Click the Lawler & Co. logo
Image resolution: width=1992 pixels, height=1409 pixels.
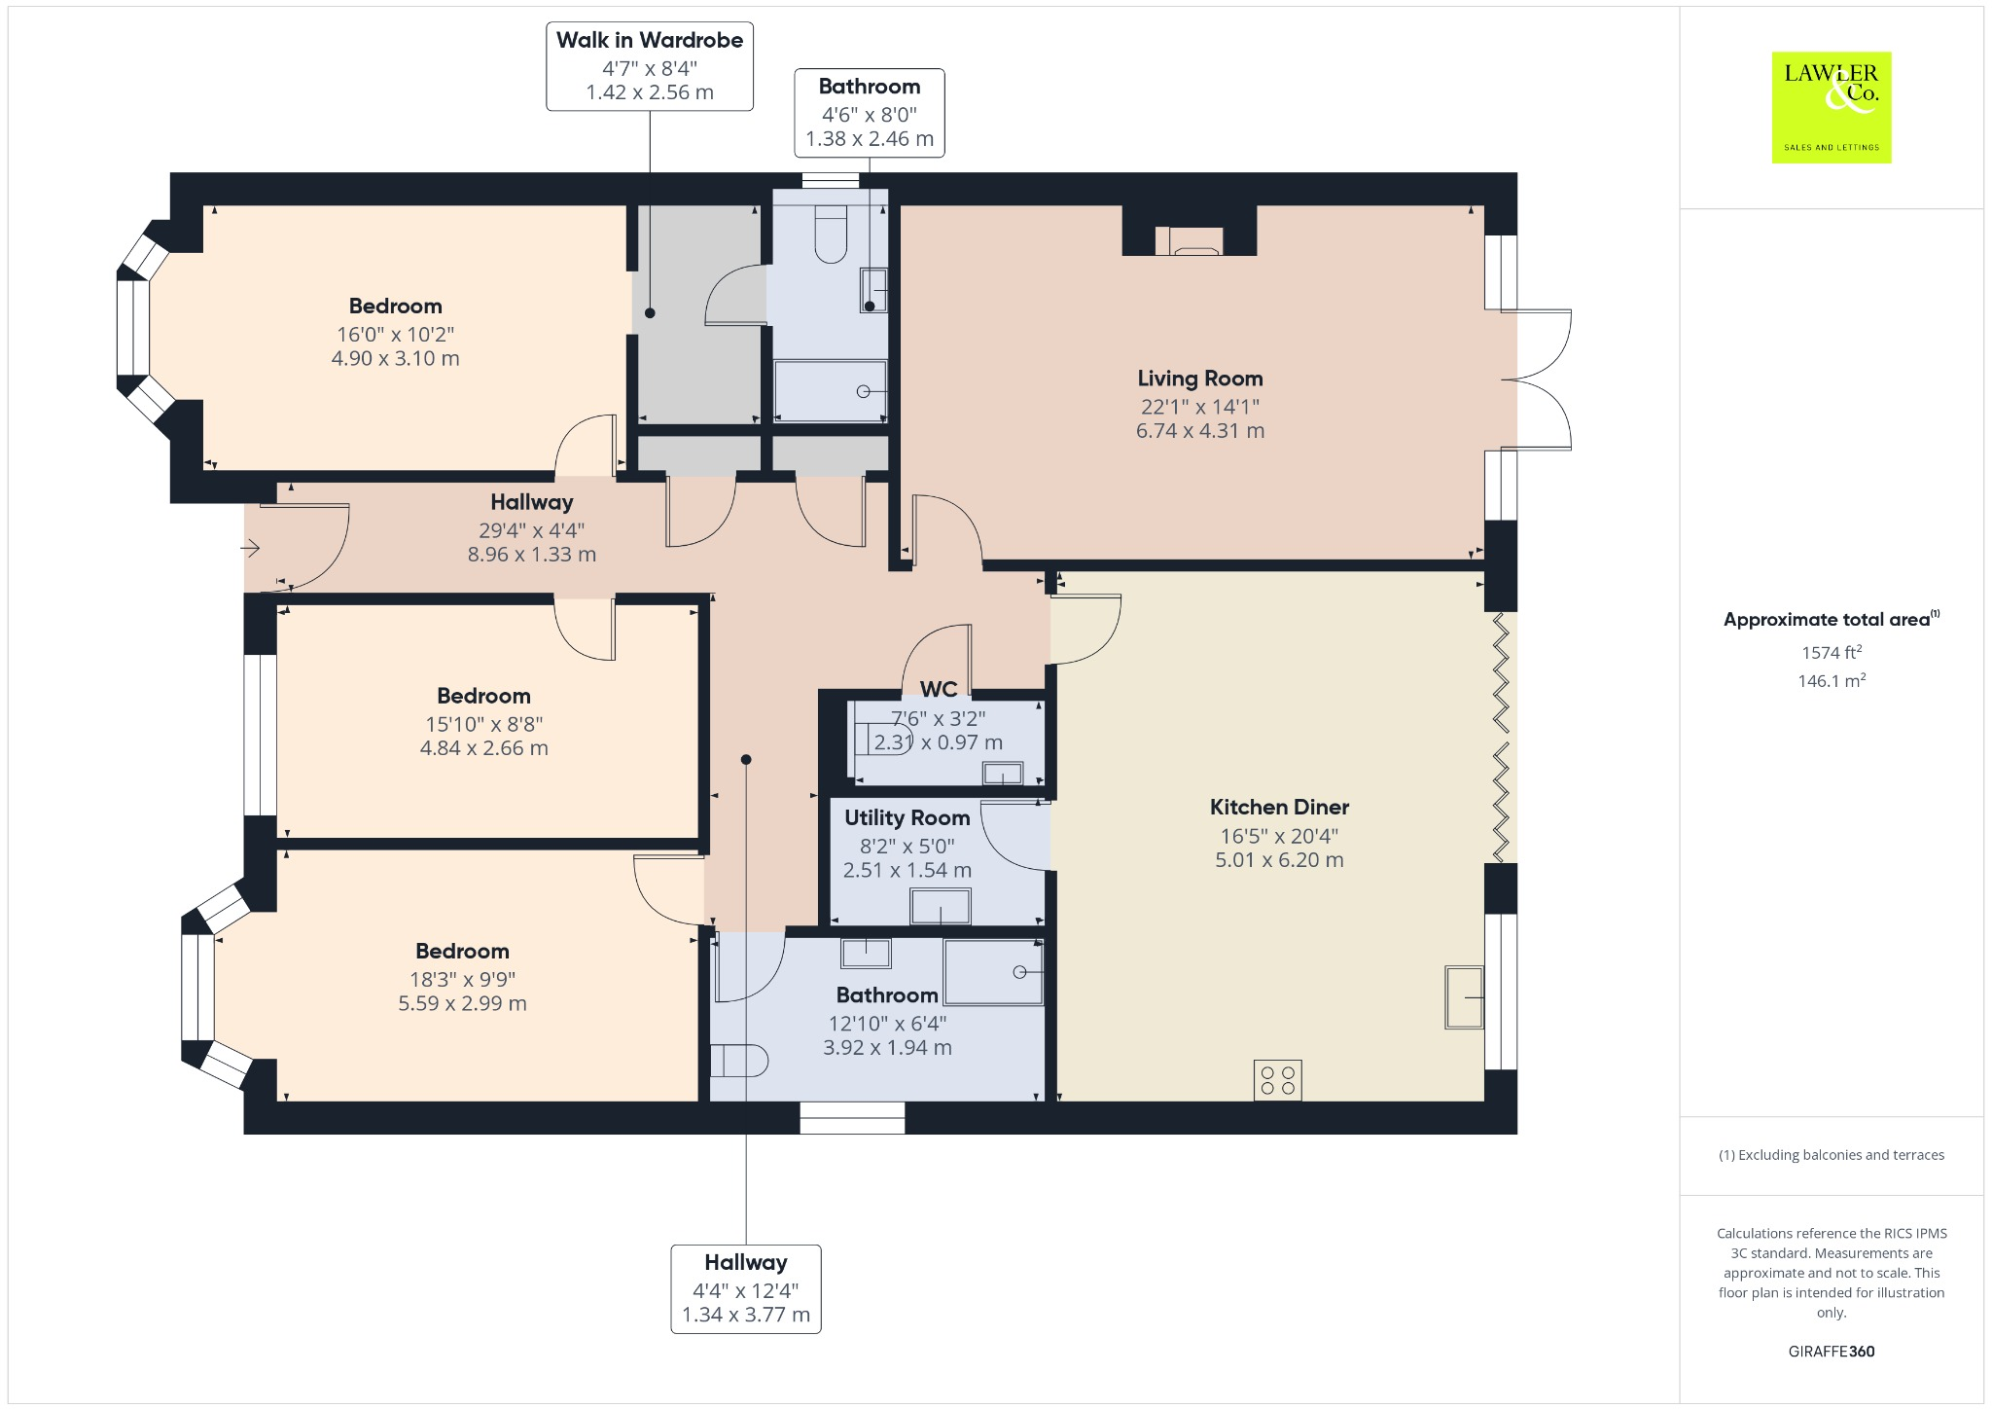click(x=1831, y=107)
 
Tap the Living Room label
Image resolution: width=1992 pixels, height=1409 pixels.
click(x=1199, y=379)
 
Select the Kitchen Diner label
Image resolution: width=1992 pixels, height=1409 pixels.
click(x=1278, y=807)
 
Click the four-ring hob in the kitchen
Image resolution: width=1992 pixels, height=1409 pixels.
click(x=1277, y=1080)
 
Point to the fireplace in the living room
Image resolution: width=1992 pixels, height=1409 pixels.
click(x=1189, y=241)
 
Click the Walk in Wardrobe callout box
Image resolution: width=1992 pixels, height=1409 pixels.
click(x=649, y=66)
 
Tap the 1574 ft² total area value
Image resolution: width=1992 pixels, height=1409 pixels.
click(x=1832, y=653)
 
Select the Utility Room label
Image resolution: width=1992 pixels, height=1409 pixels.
click(x=907, y=818)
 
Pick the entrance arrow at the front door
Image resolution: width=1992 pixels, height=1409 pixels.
click(x=251, y=549)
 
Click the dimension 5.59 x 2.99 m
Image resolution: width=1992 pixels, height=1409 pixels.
click(x=462, y=1003)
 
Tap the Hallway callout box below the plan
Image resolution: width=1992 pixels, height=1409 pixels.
click(x=745, y=1288)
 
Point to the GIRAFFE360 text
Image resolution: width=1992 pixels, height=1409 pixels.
click(x=1831, y=1351)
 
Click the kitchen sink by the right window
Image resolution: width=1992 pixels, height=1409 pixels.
click(x=1464, y=996)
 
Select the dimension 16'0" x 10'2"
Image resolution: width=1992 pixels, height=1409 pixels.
click(x=395, y=334)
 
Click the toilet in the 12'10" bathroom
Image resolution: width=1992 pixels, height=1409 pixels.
click(x=739, y=1061)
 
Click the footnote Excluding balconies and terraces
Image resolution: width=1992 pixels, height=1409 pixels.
click(x=1831, y=1155)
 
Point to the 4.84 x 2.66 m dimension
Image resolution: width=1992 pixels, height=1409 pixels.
click(x=483, y=748)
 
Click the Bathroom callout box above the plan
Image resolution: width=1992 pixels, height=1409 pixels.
click(x=869, y=112)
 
